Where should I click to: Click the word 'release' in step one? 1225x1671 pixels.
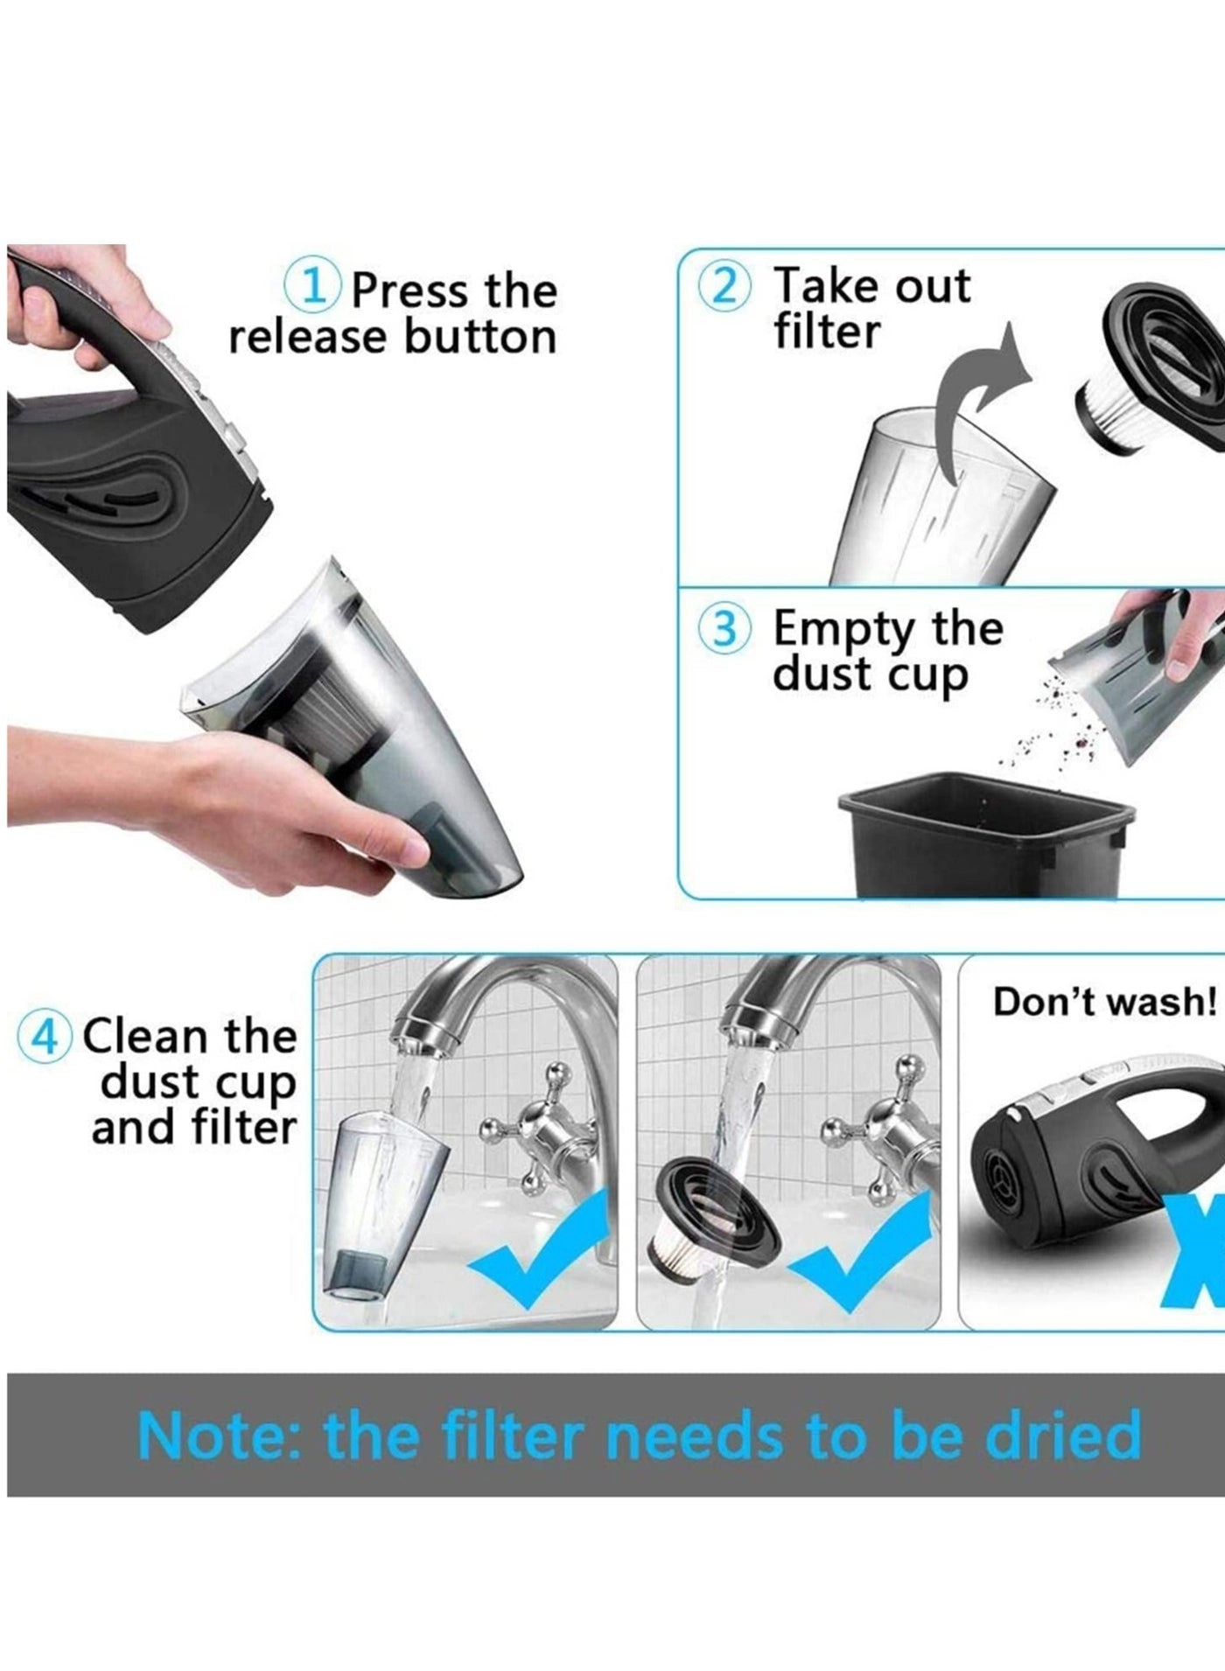(x=310, y=338)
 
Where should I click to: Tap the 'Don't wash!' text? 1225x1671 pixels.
(x=1105, y=1002)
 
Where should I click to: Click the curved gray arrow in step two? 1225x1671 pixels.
(x=971, y=398)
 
